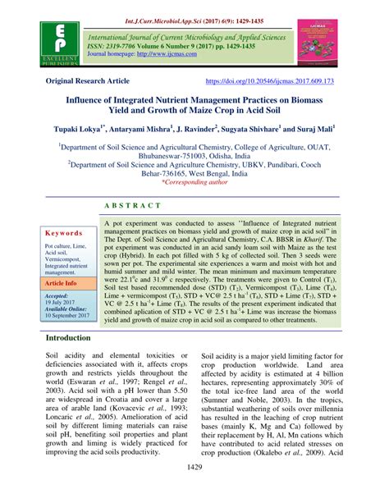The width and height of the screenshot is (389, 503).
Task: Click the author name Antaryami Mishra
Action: click(x=135, y=129)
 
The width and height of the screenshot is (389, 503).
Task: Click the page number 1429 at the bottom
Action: click(x=194, y=491)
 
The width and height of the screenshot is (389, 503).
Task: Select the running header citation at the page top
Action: click(x=194, y=7)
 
